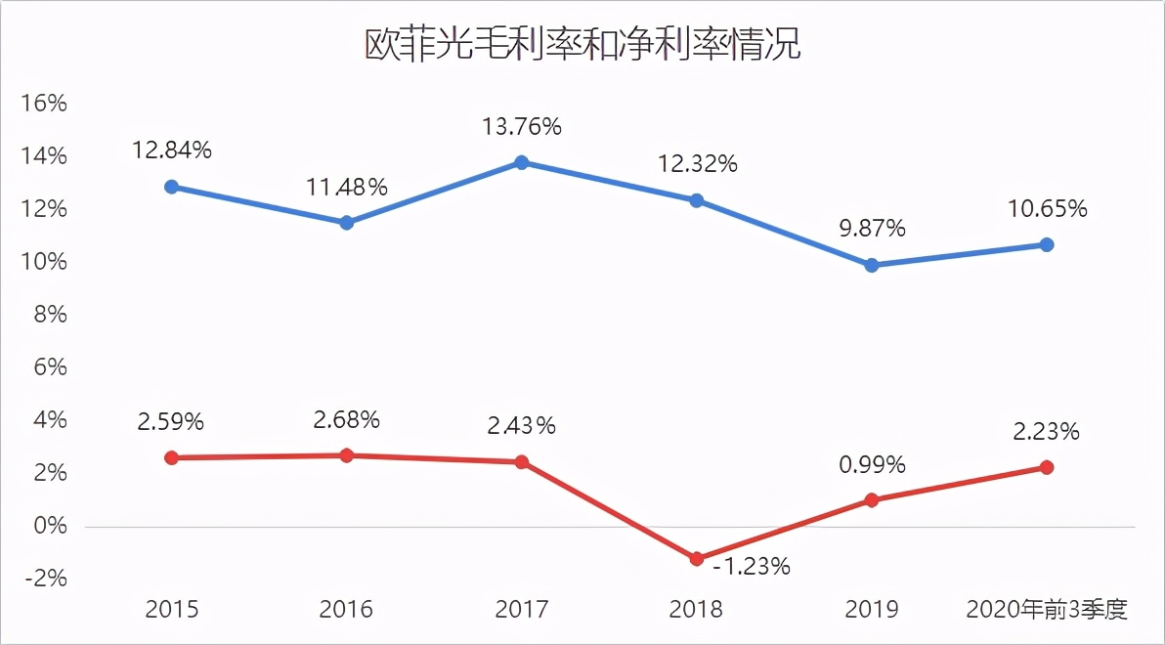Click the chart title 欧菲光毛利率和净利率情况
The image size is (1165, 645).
point(582,45)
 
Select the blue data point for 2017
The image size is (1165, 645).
point(522,162)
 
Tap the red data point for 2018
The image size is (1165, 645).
point(697,559)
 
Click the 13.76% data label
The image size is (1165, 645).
point(522,126)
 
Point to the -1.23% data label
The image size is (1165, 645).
point(751,566)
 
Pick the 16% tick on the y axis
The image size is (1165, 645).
point(43,104)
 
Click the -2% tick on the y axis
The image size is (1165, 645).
point(43,579)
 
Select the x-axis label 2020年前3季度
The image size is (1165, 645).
point(1047,610)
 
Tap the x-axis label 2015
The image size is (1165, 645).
point(172,610)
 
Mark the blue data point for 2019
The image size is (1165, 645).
point(872,265)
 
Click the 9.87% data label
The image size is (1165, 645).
point(872,229)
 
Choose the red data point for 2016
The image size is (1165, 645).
point(347,455)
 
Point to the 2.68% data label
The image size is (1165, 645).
point(347,420)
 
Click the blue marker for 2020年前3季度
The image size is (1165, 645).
point(1047,244)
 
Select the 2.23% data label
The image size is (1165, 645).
point(1047,431)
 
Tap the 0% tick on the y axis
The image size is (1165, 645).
point(47,526)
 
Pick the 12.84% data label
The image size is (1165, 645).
point(172,150)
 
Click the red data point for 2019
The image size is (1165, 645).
point(872,500)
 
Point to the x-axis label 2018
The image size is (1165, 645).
point(697,610)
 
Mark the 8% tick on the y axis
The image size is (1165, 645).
point(47,315)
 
